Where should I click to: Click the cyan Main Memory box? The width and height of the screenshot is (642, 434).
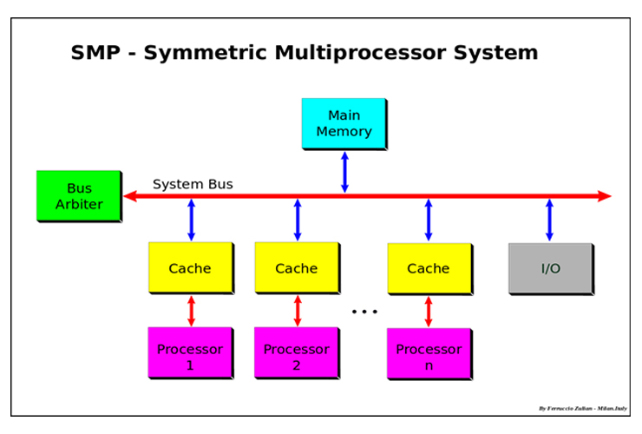click(x=344, y=124)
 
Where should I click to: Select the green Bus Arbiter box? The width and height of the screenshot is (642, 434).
click(x=79, y=196)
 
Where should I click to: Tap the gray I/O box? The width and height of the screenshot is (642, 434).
click(x=551, y=268)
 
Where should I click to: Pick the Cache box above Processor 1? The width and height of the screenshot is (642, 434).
click(x=190, y=268)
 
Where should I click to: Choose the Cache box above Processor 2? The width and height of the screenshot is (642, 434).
click(x=297, y=268)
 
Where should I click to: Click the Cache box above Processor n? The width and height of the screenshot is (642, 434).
click(x=429, y=268)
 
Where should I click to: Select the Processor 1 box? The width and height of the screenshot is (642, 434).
click(x=190, y=357)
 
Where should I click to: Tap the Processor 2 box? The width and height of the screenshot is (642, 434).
click(x=297, y=357)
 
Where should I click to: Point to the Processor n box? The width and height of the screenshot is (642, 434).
click(x=429, y=357)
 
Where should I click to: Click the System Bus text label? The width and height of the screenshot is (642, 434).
click(x=193, y=184)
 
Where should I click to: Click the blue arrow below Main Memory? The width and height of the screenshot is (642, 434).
click(x=344, y=171)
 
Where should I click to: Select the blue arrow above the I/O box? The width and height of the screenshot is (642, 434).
click(x=549, y=220)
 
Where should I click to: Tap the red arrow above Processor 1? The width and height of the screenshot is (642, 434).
click(x=191, y=311)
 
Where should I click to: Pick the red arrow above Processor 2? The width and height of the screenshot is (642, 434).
click(x=298, y=311)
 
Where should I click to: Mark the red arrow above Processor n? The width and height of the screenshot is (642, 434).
click(x=428, y=311)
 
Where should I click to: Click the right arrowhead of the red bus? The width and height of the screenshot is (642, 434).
click(x=605, y=196)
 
